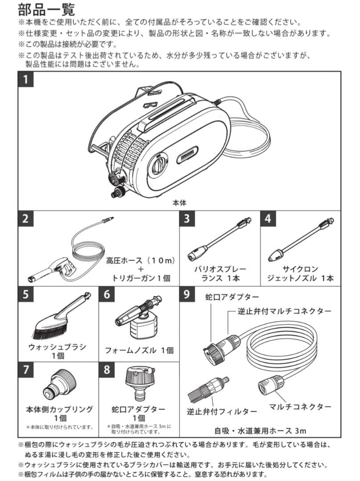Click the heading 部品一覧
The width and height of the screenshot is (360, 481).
click(x=47, y=9)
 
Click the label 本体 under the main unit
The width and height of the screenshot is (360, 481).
click(x=179, y=202)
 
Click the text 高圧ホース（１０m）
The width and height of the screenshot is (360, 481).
click(x=140, y=260)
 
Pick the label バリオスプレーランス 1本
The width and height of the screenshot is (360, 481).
click(x=220, y=274)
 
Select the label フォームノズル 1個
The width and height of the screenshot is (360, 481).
click(x=139, y=350)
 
